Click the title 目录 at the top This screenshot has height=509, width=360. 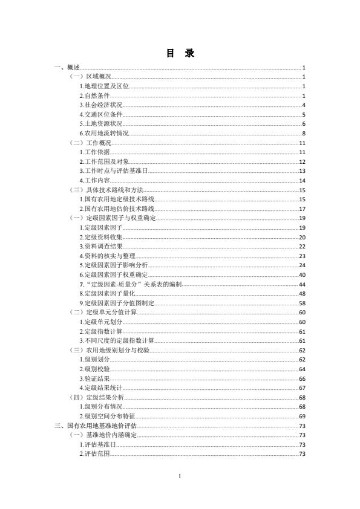[x=180, y=54]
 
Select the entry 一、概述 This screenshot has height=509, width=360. [x=67, y=68]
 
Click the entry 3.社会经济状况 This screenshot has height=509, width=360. [x=101, y=105]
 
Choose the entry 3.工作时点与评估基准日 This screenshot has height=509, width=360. [x=114, y=171]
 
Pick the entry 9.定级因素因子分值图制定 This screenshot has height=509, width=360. [x=117, y=303]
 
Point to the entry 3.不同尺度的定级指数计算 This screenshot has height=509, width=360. [x=117, y=340]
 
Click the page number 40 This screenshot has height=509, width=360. [x=301, y=274]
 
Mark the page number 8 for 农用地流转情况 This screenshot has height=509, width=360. [x=303, y=133]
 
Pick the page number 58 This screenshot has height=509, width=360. [x=301, y=303]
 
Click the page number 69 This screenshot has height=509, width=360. [x=301, y=416]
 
